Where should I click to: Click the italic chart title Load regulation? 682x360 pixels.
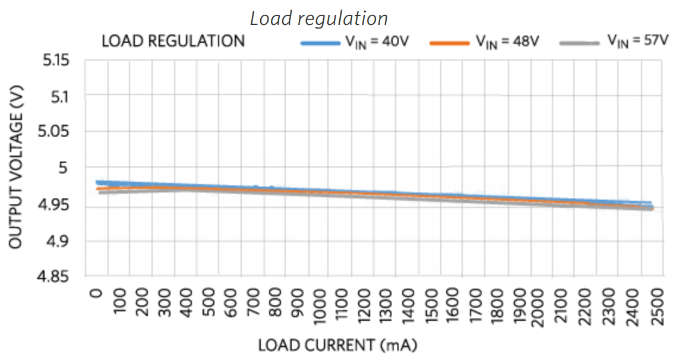318,18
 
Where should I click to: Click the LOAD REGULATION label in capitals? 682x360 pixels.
173,42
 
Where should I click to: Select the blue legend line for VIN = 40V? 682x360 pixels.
321,43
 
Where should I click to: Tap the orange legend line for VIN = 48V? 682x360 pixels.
450,43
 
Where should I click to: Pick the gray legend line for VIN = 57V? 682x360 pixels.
580,43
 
